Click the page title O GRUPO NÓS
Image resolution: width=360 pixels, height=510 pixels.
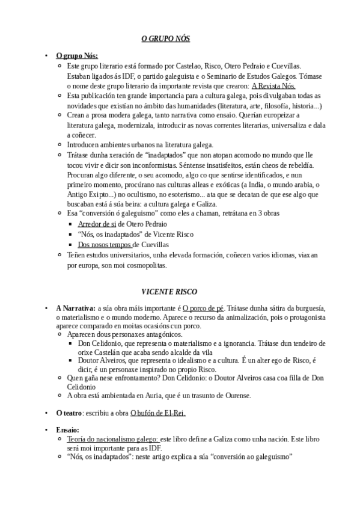coord(165,38)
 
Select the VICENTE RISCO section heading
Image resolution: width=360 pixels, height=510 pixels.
coord(165,292)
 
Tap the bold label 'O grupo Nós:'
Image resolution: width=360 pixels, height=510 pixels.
coord(77,56)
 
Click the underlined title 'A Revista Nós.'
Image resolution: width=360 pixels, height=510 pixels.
coord(273,86)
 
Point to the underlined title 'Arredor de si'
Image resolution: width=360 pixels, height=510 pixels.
coord(97,224)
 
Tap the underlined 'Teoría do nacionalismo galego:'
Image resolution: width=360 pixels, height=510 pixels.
coord(113,439)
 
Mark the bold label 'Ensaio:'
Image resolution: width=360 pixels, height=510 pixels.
coord(67,430)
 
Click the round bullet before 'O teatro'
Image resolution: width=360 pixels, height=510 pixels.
coord(46,414)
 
